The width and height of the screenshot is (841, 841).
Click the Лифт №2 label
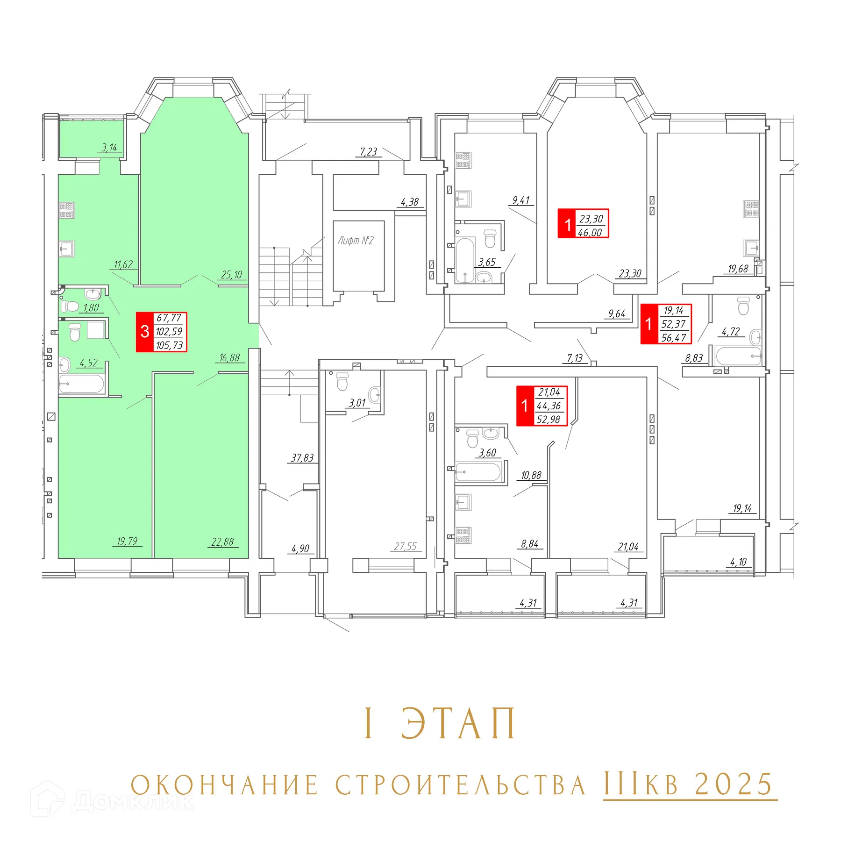pyautogui.click(x=356, y=241)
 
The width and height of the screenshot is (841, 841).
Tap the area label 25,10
pyautogui.click(x=232, y=275)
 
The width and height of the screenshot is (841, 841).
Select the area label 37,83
pyautogui.click(x=302, y=458)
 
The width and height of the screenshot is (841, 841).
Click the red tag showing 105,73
pyautogui.click(x=162, y=332)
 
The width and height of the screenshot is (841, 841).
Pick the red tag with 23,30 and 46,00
pyautogui.click(x=583, y=223)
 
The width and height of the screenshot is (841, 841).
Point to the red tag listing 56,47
pyautogui.click(x=666, y=324)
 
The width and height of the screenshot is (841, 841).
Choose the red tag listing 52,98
pyautogui.click(x=542, y=406)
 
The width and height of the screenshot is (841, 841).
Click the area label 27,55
pyautogui.click(x=405, y=546)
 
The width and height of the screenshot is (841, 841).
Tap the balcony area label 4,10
pyautogui.click(x=738, y=562)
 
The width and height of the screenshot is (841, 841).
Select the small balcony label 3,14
pyautogui.click(x=109, y=148)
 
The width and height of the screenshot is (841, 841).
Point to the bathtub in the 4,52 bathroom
pyautogui.click(x=81, y=385)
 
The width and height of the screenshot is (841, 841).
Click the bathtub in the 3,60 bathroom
pyautogui.click(x=478, y=472)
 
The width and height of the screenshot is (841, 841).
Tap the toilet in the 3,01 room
pyautogui.click(x=342, y=381)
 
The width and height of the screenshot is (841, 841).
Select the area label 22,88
pyautogui.click(x=222, y=542)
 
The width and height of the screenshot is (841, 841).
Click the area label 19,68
pyautogui.click(x=738, y=269)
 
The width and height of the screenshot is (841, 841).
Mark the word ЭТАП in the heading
pyautogui.click(x=458, y=723)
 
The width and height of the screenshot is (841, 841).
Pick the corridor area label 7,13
pyautogui.click(x=574, y=358)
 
